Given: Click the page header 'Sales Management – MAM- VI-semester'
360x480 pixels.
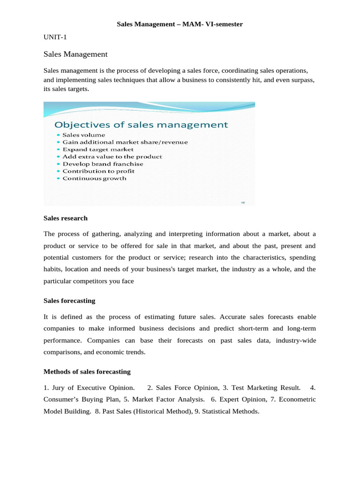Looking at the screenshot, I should [x=180, y=24].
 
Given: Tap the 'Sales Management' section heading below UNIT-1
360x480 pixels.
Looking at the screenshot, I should [x=75, y=54].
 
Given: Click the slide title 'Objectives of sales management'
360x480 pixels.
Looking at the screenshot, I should [x=141, y=125].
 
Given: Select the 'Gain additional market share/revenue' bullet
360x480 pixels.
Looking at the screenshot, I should [x=125, y=142].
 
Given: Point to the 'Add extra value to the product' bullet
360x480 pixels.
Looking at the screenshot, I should [x=112, y=157].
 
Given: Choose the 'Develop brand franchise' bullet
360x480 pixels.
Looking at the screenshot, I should [x=103, y=164].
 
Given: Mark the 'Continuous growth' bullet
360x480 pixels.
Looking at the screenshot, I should [x=94, y=179].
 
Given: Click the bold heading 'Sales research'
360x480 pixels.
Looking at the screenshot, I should [x=65, y=218].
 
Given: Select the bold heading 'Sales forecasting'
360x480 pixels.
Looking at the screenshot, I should [x=69, y=300].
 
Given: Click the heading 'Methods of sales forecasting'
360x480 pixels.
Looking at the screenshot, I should [x=87, y=372].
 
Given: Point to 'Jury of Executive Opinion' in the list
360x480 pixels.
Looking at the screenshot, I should [x=93, y=388].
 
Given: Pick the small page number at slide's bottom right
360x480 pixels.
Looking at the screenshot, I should [x=243, y=202].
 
